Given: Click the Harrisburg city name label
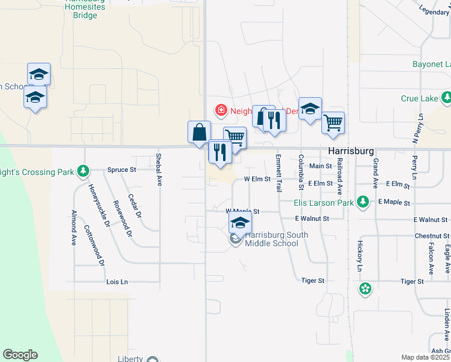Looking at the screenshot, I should (x=351, y=150).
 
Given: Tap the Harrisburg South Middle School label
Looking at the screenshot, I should (x=271, y=240).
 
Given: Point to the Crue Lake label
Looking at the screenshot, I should (x=420, y=98).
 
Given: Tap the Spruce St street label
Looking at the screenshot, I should (x=121, y=170).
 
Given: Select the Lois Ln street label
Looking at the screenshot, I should (x=117, y=282).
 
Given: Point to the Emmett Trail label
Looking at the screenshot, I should (x=279, y=173).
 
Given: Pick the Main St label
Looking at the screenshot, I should (x=320, y=166).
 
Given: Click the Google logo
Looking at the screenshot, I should (x=20, y=355).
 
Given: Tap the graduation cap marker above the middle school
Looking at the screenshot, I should (x=240, y=223).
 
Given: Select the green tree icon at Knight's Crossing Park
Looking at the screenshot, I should (x=83, y=172).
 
